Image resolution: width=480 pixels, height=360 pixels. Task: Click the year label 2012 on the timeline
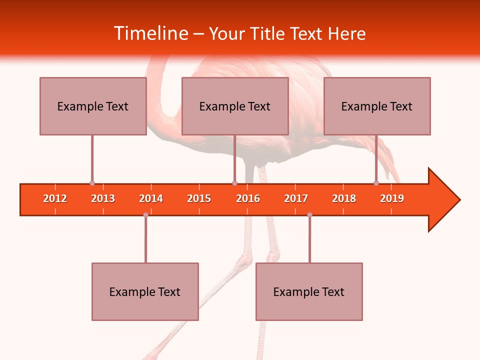coord(55,198)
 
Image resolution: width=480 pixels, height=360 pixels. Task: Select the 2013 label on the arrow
coord(103,198)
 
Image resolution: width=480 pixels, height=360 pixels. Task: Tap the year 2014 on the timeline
coord(151,198)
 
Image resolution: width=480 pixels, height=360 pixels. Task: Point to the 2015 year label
coord(199,198)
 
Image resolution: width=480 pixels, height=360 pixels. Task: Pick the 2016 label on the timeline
coord(248,198)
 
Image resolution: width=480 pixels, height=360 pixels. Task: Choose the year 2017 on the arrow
coord(296,198)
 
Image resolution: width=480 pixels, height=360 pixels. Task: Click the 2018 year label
coord(344,198)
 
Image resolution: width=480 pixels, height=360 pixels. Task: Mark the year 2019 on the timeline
coord(392,198)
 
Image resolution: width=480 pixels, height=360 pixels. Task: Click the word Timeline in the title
coord(149,33)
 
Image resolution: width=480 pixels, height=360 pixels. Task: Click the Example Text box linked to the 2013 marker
coord(93,106)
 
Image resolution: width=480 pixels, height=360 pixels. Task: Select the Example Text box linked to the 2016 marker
coord(235,106)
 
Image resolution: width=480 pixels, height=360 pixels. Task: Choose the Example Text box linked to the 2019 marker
coord(377,106)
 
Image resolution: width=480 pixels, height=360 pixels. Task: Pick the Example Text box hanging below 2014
coord(145,291)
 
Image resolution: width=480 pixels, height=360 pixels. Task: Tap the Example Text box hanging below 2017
coord(309,291)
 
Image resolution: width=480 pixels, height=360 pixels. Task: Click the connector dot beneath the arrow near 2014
coord(145,215)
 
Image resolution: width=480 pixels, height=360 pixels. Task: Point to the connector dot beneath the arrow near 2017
coord(309,215)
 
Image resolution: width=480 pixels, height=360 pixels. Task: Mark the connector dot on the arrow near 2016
coord(234,183)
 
